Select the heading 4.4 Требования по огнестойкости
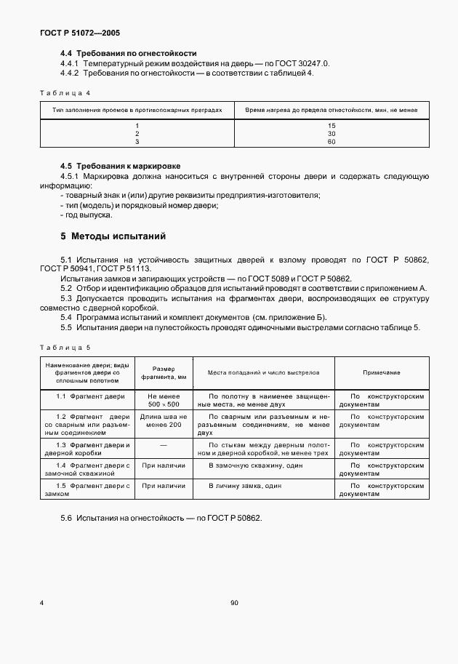(x=128, y=54)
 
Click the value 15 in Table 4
(x=332, y=125)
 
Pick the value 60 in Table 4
(x=332, y=142)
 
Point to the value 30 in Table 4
(x=332, y=134)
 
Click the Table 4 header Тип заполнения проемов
(x=137, y=109)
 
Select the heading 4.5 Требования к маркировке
(x=120, y=166)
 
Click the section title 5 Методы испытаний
(x=113, y=236)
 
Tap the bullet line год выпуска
(x=87, y=215)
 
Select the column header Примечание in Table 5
(x=381, y=372)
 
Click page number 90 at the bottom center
(x=234, y=603)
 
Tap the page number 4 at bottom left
(x=41, y=603)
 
